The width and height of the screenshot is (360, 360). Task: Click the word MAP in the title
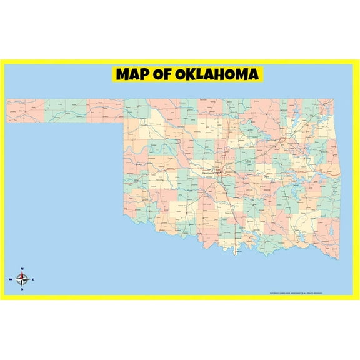point(134,75)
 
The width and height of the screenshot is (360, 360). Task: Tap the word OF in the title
point(165,75)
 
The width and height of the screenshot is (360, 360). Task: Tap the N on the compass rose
point(22,269)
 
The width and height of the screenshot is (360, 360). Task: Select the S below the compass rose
point(22,289)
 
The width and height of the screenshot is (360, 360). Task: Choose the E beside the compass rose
point(34,279)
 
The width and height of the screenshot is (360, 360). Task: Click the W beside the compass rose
point(11,279)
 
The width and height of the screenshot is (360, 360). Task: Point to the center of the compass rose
point(22,279)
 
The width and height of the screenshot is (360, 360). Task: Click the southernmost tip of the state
point(235,254)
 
